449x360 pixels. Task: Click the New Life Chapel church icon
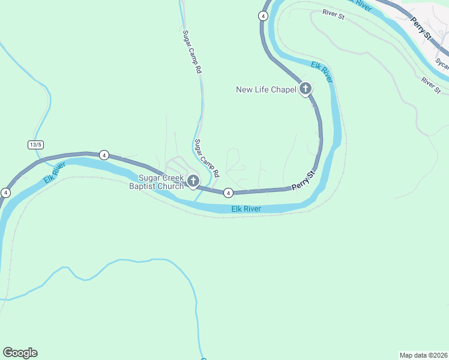(305, 89)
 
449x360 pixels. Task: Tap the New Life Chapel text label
(267, 90)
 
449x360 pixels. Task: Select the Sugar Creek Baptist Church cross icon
(193, 180)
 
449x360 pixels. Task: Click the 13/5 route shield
(35, 145)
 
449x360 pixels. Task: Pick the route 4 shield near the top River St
(263, 16)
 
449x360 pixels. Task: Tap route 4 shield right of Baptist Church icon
(228, 193)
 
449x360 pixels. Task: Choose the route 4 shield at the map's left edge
(5, 193)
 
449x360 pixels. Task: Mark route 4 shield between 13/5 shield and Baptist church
(104, 155)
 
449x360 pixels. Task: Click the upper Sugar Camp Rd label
(191, 52)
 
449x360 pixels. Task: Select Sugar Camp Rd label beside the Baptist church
(207, 158)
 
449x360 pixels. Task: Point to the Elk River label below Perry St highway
(246, 209)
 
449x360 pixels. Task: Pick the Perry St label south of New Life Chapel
(303, 181)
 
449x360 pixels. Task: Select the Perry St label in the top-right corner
(421, 28)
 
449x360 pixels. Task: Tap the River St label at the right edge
(431, 85)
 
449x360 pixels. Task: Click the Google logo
(20, 353)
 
